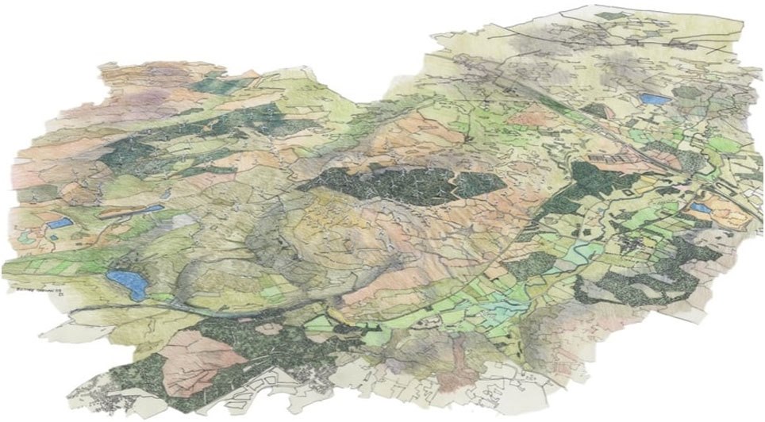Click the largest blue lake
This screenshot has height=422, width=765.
(126, 282)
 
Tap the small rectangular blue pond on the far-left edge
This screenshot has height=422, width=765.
(56, 224)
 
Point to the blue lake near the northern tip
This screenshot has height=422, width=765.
(655, 100)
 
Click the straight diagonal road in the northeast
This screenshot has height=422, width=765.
(555, 95)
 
